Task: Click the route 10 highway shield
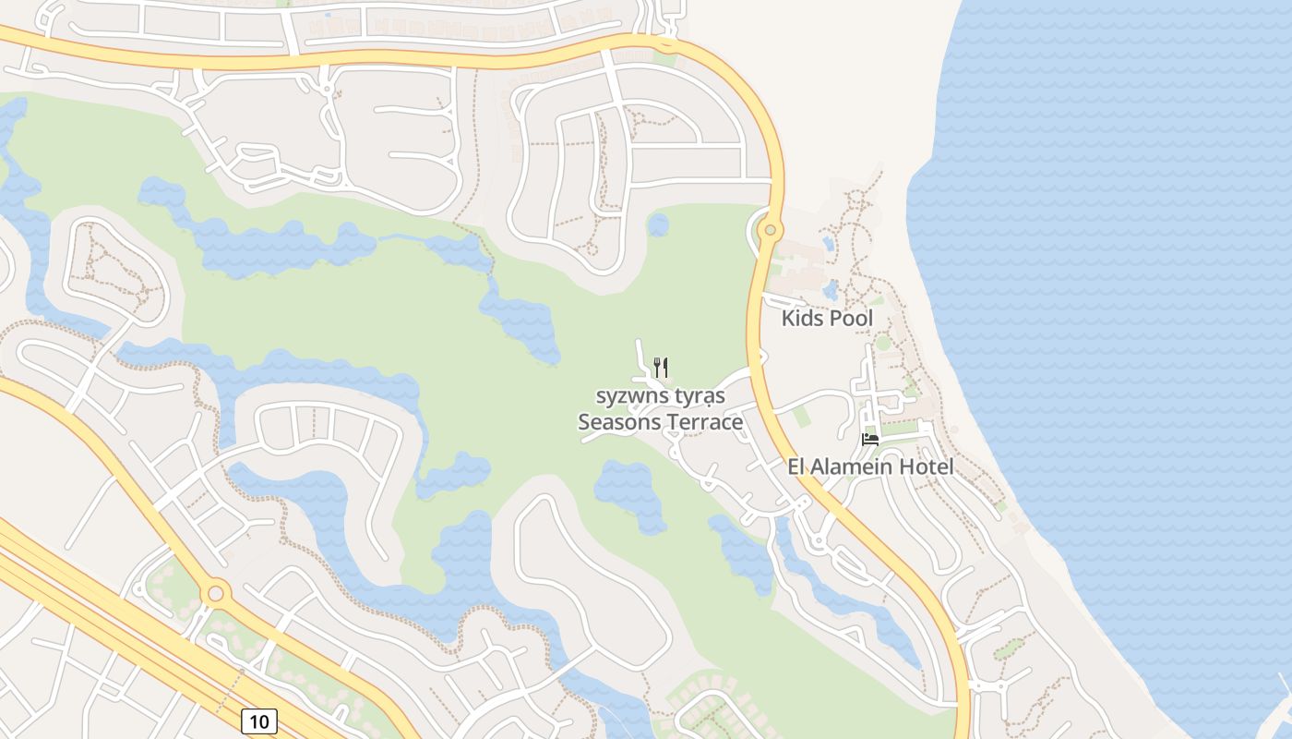click(x=259, y=721)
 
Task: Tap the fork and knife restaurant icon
click(x=660, y=367)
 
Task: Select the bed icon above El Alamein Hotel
click(x=869, y=439)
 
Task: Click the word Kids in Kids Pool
click(x=803, y=319)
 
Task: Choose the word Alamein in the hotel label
click(x=859, y=467)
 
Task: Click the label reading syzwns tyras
click(x=660, y=396)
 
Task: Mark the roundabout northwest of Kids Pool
click(x=771, y=229)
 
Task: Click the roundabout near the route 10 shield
click(x=216, y=593)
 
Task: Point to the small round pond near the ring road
click(x=658, y=224)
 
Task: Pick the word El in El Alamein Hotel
click(x=797, y=467)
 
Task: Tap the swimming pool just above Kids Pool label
click(x=831, y=291)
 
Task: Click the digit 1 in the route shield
click(x=254, y=721)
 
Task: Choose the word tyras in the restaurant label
click(x=700, y=396)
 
